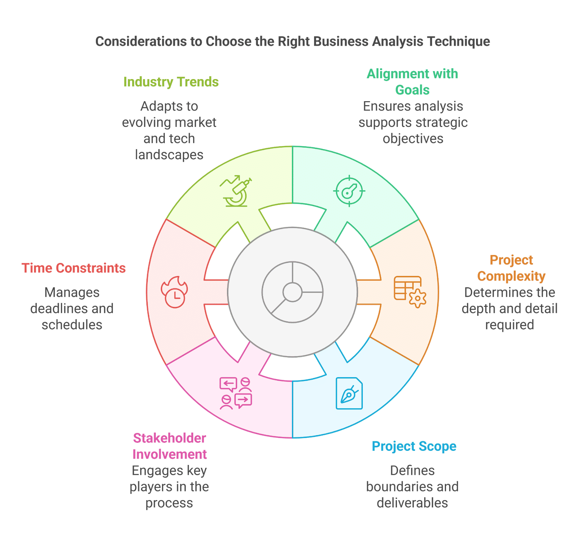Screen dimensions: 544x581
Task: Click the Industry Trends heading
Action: coord(171,82)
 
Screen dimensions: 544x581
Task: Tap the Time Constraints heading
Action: coord(74,268)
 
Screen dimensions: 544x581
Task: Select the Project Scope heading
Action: coord(414,446)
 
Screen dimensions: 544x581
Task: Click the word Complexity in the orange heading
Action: coord(511,276)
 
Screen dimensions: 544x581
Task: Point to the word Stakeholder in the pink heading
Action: coord(170,438)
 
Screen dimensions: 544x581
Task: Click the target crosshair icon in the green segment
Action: coord(349,191)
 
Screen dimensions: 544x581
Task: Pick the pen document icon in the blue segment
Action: coord(349,393)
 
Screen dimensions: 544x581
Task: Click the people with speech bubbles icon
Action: coord(236,393)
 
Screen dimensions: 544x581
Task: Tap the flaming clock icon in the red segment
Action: coord(175,292)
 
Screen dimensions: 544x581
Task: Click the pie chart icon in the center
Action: coord(292,292)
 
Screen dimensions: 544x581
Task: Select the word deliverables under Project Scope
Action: coord(412,503)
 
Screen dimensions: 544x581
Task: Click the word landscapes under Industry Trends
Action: coord(169,155)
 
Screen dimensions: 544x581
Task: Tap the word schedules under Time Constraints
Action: coord(72,325)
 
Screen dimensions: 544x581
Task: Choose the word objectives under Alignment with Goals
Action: coord(413,139)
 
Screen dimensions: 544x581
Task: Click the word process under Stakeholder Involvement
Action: coord(169,503)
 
